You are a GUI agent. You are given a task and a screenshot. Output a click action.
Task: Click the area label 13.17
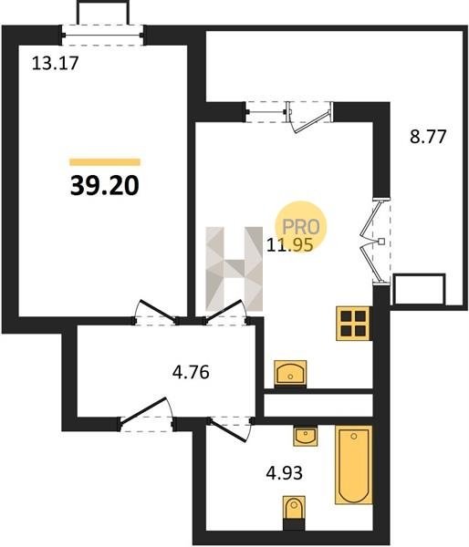[55, 64]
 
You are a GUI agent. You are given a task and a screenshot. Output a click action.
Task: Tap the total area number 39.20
[105, 185]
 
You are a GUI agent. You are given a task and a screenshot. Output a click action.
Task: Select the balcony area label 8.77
[428, 137]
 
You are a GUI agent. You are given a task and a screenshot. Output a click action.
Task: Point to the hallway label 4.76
[191, 372]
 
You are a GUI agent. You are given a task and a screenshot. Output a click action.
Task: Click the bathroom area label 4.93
[285, 473]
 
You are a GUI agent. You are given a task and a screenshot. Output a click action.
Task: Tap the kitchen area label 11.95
[289, 244]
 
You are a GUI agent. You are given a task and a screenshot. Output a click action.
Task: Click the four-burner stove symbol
[353, 323]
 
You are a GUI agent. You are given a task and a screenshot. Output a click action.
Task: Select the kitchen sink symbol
[290, 374]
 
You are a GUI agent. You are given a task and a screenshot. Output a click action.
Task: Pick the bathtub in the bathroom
[353, 464]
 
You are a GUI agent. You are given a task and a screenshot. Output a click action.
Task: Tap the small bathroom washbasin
[306, 436]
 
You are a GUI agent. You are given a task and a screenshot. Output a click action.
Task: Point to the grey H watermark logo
[234, 269]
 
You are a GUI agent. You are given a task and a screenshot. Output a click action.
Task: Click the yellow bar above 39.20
[105, 162]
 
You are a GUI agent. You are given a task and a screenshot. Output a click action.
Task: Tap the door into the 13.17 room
[155, 312]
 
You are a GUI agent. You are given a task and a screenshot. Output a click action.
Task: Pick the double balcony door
[375, 242]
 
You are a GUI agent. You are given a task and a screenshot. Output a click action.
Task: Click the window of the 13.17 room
[102, 35]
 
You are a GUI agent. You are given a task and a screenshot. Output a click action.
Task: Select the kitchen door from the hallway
[226, 312]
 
